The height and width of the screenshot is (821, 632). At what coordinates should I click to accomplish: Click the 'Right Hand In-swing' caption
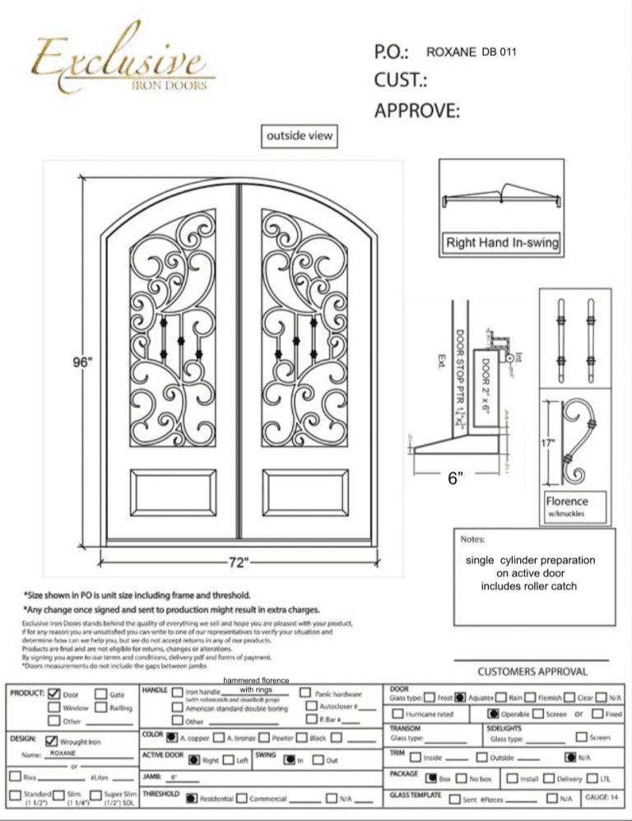(x=502, y=243)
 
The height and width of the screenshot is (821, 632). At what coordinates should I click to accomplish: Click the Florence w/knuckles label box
(x=575, y=505)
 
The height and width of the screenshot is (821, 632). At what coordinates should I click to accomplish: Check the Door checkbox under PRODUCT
(x=53, y=694)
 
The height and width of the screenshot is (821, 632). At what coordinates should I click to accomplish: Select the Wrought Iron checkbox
(x=53, y=740)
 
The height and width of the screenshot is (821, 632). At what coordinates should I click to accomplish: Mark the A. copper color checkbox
(x=171, y=737)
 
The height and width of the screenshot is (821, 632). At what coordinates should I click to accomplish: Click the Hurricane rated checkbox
(x=397, y=714)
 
